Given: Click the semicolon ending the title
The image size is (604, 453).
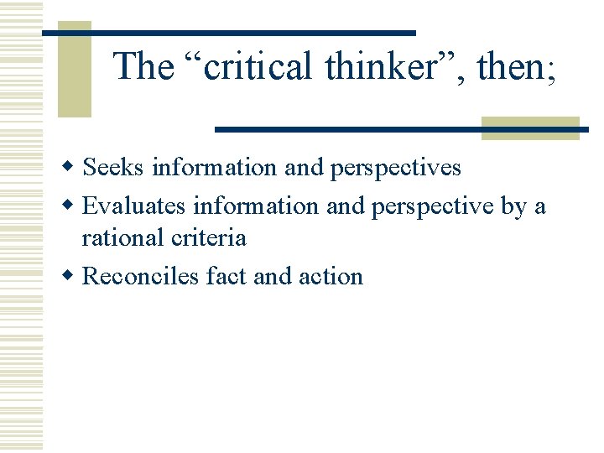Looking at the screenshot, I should click(551, 70).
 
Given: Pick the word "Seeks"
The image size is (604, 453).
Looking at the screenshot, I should click(114, 167).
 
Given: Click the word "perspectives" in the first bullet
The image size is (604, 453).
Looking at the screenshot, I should click(396, 167).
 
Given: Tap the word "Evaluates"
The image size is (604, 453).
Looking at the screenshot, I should click(135, 205).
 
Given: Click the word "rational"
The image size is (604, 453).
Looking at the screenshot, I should click(121, 237).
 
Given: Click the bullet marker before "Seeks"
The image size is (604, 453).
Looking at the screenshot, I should click(73, 168).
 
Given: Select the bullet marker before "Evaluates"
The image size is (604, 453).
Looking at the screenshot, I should click(73, 206).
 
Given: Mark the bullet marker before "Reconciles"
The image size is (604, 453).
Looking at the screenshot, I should click(73, 277).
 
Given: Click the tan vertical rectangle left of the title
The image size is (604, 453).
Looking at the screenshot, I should click(74, 69).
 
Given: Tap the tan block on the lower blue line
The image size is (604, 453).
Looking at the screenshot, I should click(530, 128).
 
